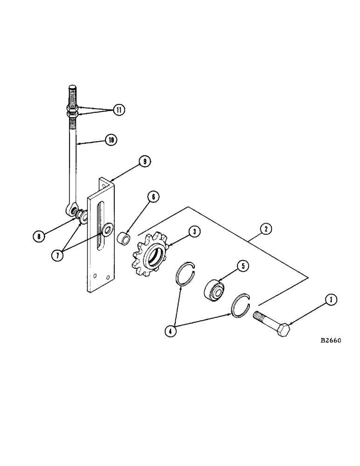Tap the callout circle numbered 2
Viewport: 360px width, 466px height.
point(264,228)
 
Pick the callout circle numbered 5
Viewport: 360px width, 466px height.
point(242,266)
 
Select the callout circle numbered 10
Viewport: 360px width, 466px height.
point(111,139)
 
